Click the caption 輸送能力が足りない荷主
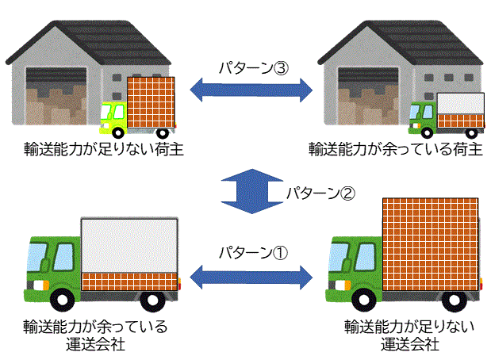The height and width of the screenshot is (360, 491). click(x=93, y=148)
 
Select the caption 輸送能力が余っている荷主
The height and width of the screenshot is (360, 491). click(x=395, y=148)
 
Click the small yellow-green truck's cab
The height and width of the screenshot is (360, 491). click(x=113, y=117)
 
